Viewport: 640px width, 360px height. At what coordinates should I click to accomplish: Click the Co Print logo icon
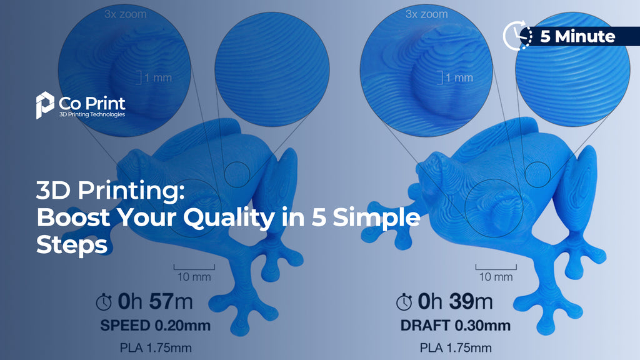point(44,104)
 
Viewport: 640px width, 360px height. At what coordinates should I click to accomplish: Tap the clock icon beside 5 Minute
point(517,36)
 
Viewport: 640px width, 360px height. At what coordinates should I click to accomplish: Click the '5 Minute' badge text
point(577,36)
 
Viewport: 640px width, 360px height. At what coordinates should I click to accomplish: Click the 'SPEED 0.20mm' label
point(155,326)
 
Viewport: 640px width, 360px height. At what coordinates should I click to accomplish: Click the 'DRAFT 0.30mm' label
point(454,326)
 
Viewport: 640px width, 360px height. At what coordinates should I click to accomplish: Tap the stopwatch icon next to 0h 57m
point(104,303)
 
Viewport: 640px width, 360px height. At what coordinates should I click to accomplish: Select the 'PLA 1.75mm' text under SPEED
point(155,347)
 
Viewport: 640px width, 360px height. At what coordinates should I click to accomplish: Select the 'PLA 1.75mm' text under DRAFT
point(455,347)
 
